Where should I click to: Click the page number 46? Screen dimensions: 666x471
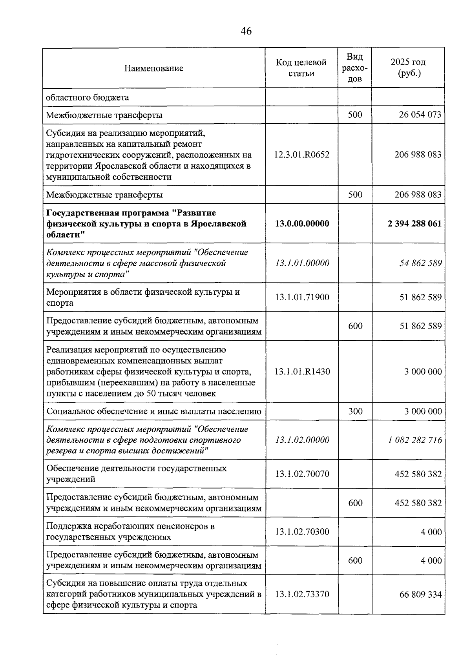pos(246,31)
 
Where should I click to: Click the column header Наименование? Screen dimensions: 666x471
pos(154,68)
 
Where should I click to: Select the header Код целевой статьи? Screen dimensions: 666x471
pos(301,68)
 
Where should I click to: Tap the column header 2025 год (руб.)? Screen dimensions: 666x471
pos(408,68)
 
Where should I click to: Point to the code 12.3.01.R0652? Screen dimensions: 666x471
pos(302,155)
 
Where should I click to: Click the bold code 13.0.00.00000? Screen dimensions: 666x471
pos(302,224)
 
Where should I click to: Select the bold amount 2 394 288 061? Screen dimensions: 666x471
pos(414,224)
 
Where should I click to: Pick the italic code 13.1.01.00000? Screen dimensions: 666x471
pos(302,263)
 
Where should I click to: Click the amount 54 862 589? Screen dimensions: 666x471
pos(420,263)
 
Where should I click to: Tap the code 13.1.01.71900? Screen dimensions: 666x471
pos(302,297)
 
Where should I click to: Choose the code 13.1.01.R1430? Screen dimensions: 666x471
pos(302,371)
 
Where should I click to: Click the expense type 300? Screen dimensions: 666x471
pos(355,411)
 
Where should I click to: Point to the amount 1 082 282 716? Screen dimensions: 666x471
pos(415,440)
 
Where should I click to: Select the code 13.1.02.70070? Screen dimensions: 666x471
pos(302,474)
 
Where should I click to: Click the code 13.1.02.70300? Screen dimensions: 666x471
pos(302,532)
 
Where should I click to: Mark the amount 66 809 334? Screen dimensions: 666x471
pos(420,594)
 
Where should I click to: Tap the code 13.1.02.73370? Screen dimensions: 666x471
pos(302,594)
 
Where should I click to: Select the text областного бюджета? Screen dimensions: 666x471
pos(88,97)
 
